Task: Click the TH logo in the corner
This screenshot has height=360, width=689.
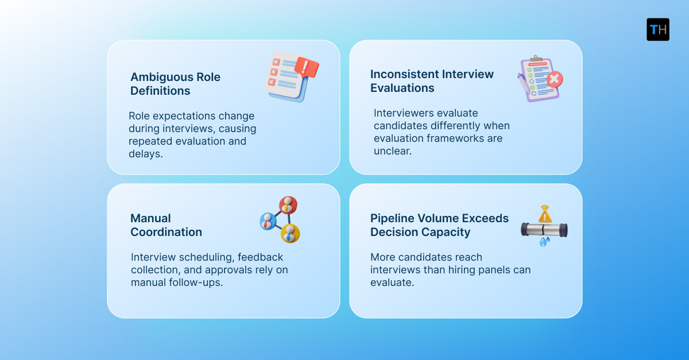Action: (x=657, y=29)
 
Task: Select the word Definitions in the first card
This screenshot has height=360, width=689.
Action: (x=160, y=91)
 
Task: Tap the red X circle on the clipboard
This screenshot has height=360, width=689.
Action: (x=554, y=80)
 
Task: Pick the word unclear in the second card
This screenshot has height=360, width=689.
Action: (x=392, y=151)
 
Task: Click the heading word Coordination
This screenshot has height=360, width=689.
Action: (x=166, y=232)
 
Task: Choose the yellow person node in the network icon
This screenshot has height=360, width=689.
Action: (x=290, y=233)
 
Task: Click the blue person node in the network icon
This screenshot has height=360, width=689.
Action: (x=268, y=220)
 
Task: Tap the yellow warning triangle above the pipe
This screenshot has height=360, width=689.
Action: (x=544, y=215)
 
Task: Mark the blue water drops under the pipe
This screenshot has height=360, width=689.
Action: (x=543, y=242)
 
